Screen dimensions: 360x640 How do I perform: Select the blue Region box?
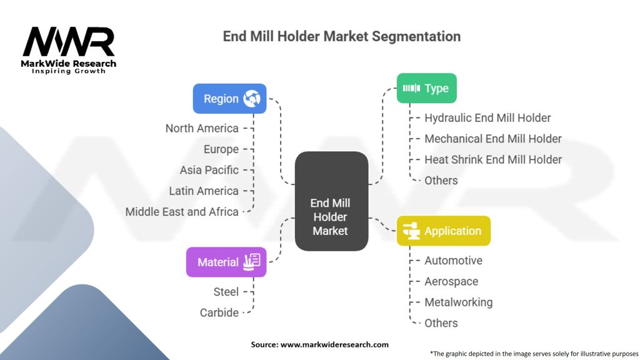click(x=229, y=99)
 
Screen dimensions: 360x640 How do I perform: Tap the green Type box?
click(x=427, y=88)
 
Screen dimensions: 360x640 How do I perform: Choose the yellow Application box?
click(x=443, y=231)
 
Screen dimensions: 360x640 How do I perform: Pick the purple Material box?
click(x=226, y=262)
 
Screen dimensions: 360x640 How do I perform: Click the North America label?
click(x=202, y=128)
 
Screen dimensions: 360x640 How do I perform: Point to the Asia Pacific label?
click(x=209, y=170)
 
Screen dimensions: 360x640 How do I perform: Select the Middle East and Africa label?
click(x=182, y=211)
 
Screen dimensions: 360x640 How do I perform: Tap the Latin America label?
click(x=204, y=191)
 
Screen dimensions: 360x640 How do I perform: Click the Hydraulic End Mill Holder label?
click(x=487, y=117)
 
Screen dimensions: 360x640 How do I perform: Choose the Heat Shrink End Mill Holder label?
click(x=493, y=159)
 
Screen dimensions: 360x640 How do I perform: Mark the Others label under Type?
click(x=441, y=180)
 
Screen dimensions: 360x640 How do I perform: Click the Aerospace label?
click(x=451, y=281)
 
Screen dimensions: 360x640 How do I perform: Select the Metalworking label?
click(x=458, y=302)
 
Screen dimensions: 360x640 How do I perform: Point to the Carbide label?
click(x=219, y=312)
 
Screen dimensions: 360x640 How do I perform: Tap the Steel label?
click(x=226, y=291)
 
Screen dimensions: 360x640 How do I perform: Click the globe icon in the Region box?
click(x=252, y=98)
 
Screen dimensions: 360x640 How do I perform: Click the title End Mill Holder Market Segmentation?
click(x=342, y=36)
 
